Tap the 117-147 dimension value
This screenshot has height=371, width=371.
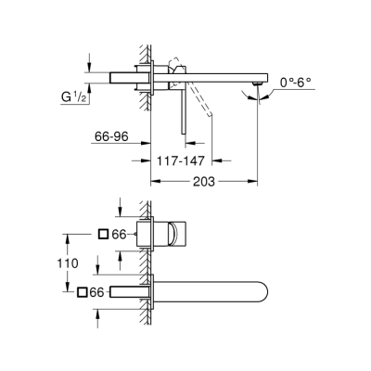[x=182, y=159]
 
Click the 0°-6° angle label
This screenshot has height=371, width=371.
[x=296, y=83]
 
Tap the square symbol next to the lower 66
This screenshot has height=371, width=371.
[x=83, y=293]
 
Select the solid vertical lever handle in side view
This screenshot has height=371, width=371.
[x=183, y=116]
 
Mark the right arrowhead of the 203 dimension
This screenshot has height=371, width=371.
[x=253, y=182]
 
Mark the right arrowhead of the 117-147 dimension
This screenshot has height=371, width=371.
[x=210, y=159]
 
